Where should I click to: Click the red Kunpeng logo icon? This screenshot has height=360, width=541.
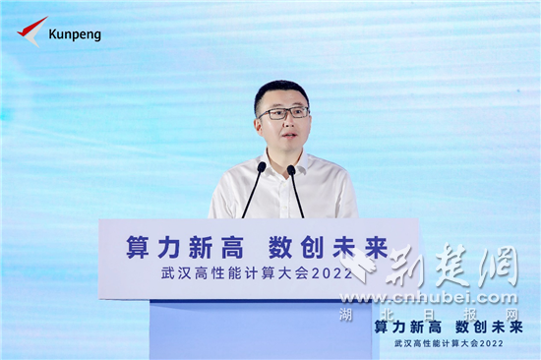(x=31, y=31)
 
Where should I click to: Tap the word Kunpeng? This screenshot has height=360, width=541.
(x=75, y=34)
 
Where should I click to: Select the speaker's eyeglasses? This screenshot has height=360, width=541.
(x=283, y=114)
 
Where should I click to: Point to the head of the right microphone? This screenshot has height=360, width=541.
(x=291, y=169)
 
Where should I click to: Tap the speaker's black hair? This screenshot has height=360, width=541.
(x=281, y=91)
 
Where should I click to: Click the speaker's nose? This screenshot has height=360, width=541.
(x=284, y=123)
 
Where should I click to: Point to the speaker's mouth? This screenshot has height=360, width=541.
(x=284, y=136)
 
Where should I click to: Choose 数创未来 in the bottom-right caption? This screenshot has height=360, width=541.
(x=488, y=326)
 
